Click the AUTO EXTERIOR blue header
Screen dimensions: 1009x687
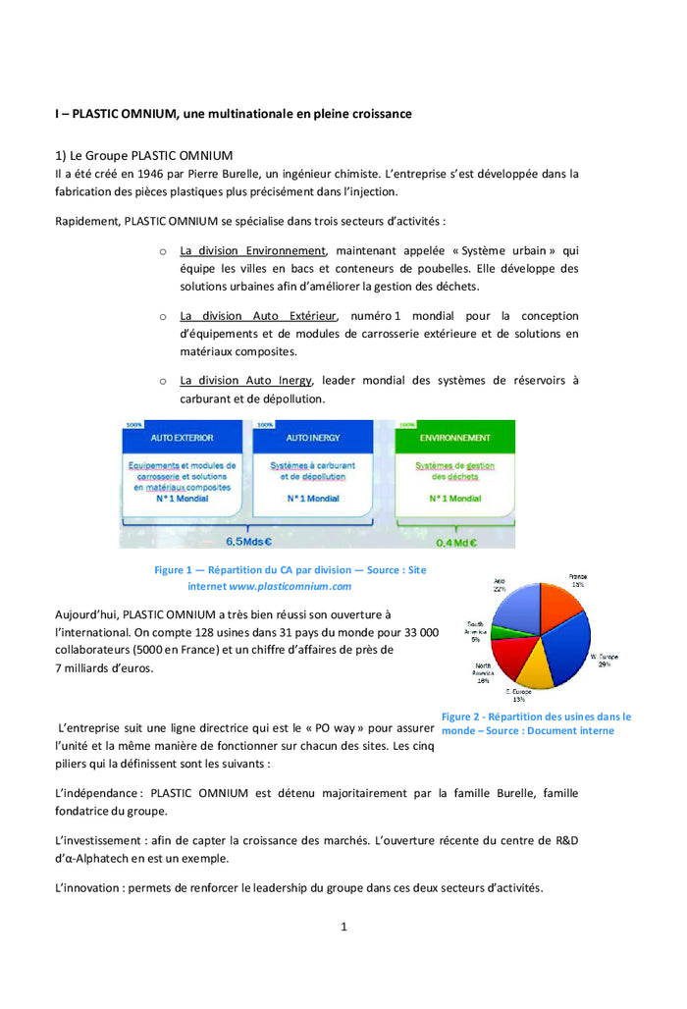coord(182,438)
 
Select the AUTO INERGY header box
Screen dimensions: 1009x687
coord(313,438)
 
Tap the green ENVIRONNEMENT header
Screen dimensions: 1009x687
coord(454,438)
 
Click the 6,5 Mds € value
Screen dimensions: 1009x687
coord(249,541)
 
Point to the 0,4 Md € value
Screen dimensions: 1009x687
coord(456,541)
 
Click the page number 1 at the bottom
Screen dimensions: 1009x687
coord(343,927)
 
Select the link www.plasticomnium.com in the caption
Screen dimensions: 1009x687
coord(290,586)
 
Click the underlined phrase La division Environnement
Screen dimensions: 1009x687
coord(252,251)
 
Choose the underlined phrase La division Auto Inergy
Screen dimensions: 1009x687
coord(246,381)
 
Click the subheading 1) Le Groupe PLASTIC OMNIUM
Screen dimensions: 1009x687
coord(144,155)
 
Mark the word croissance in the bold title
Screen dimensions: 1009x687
coord(374,114)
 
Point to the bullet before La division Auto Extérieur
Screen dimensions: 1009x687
coord(163,317)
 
